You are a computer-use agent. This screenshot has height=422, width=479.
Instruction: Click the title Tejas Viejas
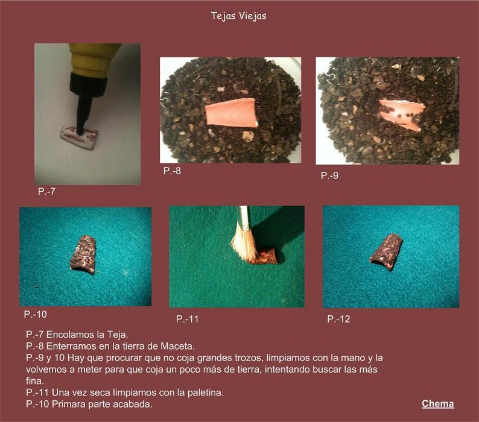[238, 16]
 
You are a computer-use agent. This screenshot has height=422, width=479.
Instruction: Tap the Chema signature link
[438, 404]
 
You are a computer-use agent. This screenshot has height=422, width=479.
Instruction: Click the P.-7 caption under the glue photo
[46, 192]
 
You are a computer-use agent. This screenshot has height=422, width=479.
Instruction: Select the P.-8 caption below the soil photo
[172, 171]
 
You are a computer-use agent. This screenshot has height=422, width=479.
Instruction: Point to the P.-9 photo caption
[329, 175]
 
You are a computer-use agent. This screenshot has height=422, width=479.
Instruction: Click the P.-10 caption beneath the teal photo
[36, 314]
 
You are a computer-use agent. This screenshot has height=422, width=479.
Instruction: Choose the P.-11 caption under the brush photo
[187, 319]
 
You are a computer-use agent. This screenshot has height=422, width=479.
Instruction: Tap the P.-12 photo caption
[338, 319]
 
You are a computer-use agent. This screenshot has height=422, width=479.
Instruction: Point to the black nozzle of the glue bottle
[86, 101]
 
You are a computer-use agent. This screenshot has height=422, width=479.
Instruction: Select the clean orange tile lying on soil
[231, 113]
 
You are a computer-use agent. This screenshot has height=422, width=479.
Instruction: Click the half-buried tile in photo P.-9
[401, 114]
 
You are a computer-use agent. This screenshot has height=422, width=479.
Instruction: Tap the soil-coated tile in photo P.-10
[83, 254]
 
